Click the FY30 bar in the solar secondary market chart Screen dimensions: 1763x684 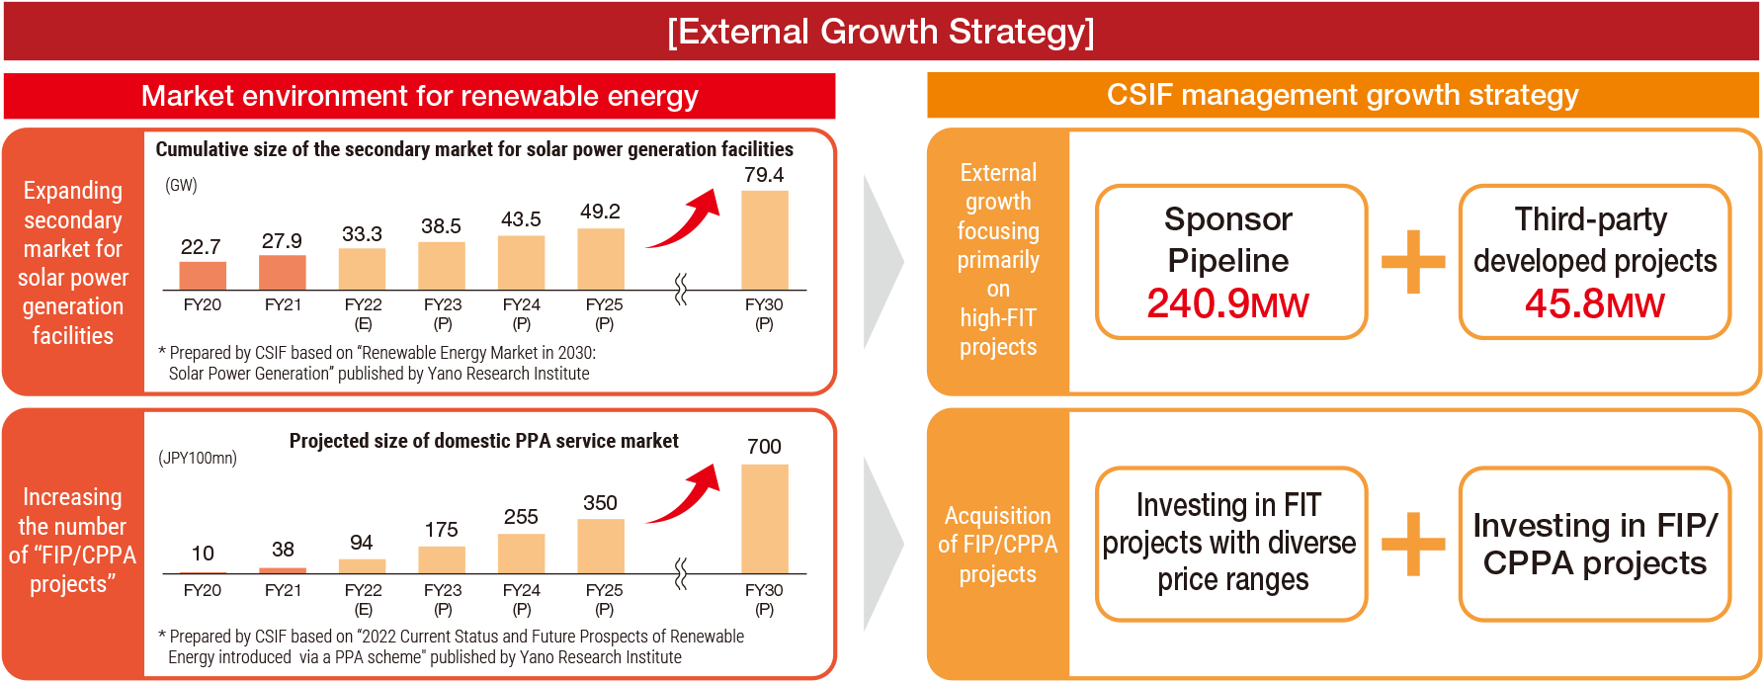pyautogui.click(x=765, y=240)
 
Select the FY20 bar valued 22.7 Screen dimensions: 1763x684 pyautogui.click(x=203, y=276)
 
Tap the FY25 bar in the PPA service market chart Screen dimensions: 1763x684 pyautogui.click(x=601, y=546)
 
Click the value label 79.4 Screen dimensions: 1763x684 pyautogui.click(x=764, y=175)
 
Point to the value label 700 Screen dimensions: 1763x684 pyautogui.click(x=764, y=447)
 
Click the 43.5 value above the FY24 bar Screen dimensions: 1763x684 pyautogui.click(x=521, y=219)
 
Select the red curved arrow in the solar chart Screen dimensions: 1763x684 pyautogui.click(x=683, y=218)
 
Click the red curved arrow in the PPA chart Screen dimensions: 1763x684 pyautogui.click(x=683, y=493)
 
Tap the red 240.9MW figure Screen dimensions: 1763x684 pyautogui.click(x=1227, y=303)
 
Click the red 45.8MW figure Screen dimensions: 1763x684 pyautogui.click(x=1595, y=303)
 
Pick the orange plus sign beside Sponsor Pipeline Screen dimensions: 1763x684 pyautogui.click(x=1413, y=262)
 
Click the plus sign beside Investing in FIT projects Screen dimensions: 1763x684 pyautogui.click(x=1413, y=544)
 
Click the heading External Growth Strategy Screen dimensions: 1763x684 pyautogui.click(x=881, y=32)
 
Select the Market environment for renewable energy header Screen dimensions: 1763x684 pyautogui.click(x=420, y=96)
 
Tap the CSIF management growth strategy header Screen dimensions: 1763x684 pyautogui.click(x=1343, y=95)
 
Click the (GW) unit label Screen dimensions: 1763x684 pyautogui.click(x=181, y=185)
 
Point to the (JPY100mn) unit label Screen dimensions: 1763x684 pyautogui.click(x=198, y=458)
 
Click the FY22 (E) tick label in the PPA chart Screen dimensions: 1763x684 pyautogui.click(x=363, y=599)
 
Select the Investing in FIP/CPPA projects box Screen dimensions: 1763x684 pyautogui.click(x=1595, y=544)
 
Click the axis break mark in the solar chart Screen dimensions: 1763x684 pyautogui.click(x=681, y=290)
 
